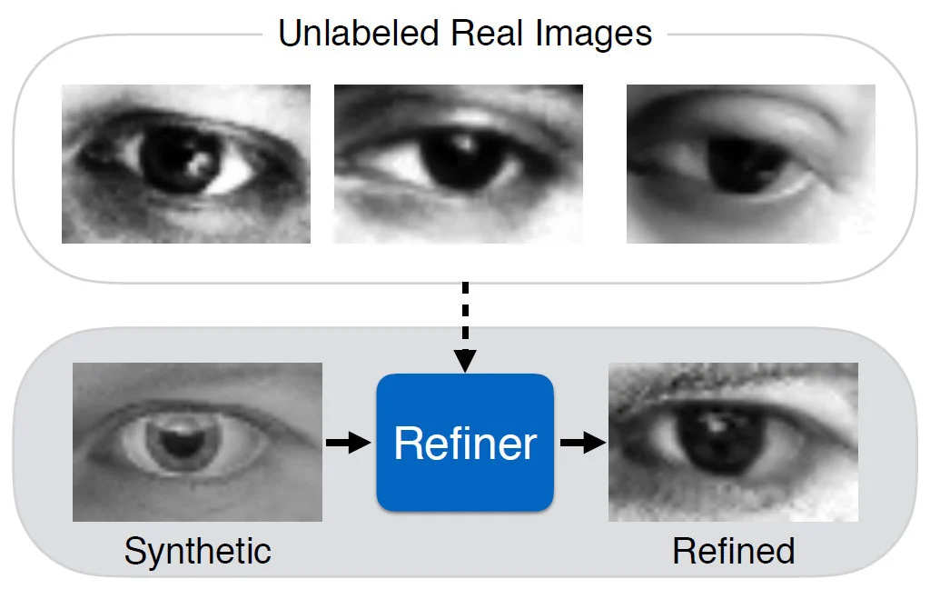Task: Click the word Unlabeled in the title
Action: pyautogui.click(x=359, y=34)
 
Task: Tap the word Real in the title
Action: pyautogui.click(x=487, y=34)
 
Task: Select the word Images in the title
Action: pyautogui.click(x=593, y=35)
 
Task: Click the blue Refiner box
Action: pyautogui.click(x=465, y=443)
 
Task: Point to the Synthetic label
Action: pyautogui.click(x=197, y=552)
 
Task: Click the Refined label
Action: pyautogui.click(x=734, y=552)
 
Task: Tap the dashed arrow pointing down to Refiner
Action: pyautogui.click(x=465, y=326)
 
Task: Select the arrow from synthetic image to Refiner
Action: pyautogui.click(x=348, y=443)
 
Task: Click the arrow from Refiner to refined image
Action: pyautogui.click(x=583, y=443)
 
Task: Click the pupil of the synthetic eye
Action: pyautogui.click(x=182, y=445)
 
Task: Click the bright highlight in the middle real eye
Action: pyautogui.click(x=464, y=143)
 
